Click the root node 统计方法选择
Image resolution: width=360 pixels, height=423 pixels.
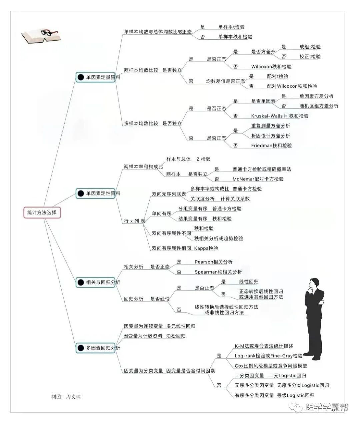[x=42, y=213]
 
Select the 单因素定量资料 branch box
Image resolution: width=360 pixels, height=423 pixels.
[x=96, y=77]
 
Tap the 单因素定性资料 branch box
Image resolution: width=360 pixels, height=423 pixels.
[x=96, y=193]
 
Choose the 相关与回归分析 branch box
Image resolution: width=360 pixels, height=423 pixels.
[x=96, y=283]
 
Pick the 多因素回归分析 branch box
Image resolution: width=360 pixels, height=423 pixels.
[x=96, y=348]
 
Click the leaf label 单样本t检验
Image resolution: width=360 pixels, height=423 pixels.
[x=231, y=27]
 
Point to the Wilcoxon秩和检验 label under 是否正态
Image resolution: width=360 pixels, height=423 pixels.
[x=271, y=67]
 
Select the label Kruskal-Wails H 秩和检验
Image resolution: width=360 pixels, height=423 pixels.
[x=280, y=116]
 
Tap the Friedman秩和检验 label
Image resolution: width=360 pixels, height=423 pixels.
[x=271, y=145]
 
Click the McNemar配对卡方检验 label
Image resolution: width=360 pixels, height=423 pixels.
[x=258, y=179]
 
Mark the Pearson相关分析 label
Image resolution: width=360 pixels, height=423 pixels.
[x=214, y=262]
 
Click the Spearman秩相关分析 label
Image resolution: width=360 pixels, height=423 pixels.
[x=218, y=272]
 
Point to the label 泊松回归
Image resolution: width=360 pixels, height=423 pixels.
[x=176, y=336]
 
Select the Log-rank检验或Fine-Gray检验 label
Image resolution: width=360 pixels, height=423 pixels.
[x=268, y=356]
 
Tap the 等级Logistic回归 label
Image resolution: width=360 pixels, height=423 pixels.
[x=296, y=395]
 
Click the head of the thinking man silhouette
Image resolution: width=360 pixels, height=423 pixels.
[x=313, y=284]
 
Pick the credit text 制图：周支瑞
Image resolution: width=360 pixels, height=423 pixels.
[x=66, y=397]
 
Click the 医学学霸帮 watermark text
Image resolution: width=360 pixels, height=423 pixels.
[x=327, y=407]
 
